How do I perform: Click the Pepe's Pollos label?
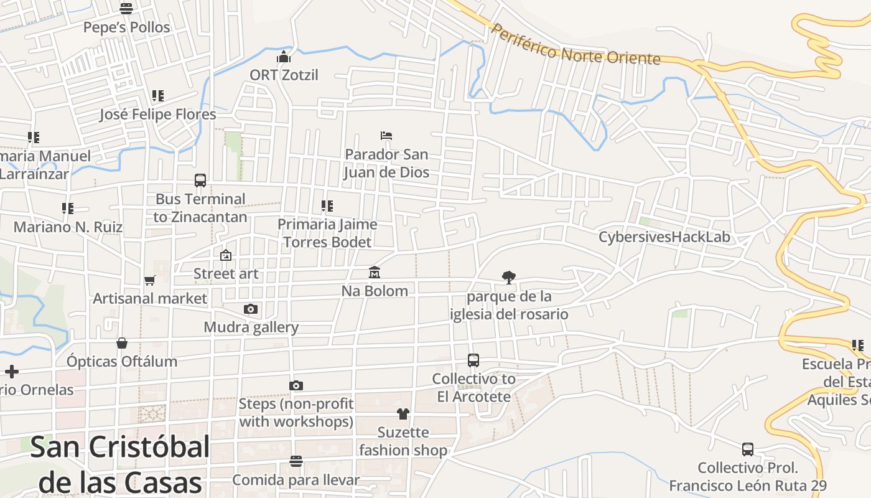[126, 27]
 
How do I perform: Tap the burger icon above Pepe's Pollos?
[126, 9]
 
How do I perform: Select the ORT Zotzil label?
[284, 75]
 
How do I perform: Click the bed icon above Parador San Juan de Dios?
[386, 136]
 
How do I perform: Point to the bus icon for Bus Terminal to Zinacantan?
[200, 181]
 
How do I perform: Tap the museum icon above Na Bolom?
[375, 272]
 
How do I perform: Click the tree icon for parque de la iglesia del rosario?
[509, 278]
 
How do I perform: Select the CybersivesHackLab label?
[664, 237]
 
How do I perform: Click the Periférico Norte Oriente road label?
[575, 45]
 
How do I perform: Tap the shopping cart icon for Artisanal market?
[149, 280]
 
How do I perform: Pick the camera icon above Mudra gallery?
[251, 309]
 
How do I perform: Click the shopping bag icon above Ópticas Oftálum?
[122, 343]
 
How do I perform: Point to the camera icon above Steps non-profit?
[296, 385]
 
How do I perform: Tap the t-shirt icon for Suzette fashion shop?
[403, 414]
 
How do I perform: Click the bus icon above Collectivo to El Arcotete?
[473, 360]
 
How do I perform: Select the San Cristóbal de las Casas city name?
[120, 464]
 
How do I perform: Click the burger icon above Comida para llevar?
[296, 461]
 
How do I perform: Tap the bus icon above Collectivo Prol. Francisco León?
[748, 449]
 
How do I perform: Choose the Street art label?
[226, 274]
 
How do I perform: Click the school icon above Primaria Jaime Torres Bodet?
[327, 206]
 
